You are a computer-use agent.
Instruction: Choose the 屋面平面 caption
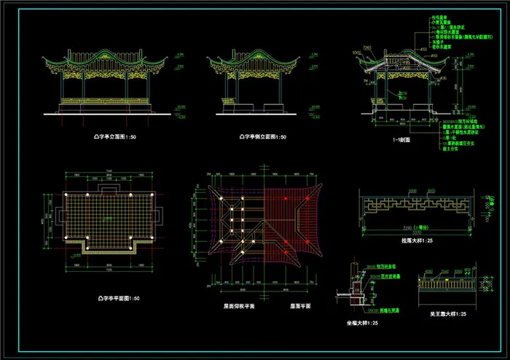pos(302,307)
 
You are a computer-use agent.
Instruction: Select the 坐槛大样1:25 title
pos(362,321)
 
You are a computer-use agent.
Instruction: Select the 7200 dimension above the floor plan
pos(110,172)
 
